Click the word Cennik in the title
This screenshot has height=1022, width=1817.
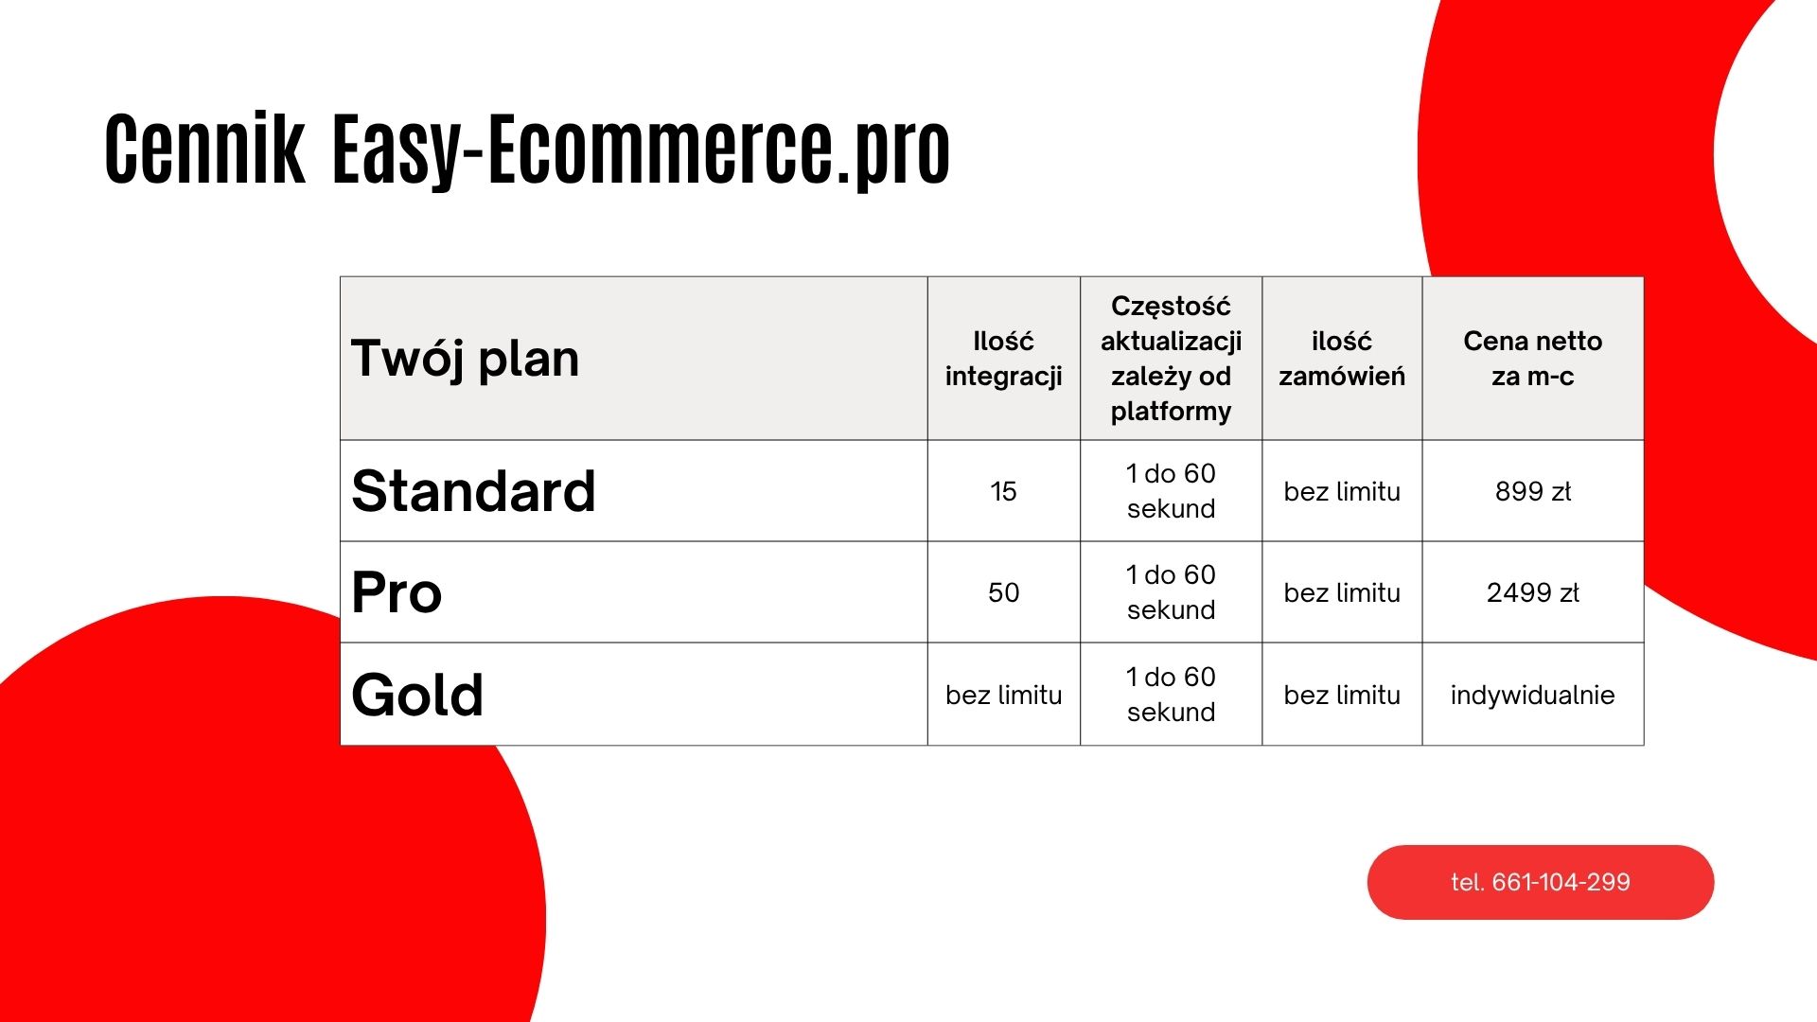[x=204, y=150]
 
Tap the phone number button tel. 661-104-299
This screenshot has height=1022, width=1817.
[x=1540, y=882]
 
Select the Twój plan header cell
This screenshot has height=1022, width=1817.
[x=465, y=359]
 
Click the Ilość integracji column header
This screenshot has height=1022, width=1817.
[x=1003, y=359]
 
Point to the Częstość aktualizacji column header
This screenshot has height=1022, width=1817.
[x=1171, y=359]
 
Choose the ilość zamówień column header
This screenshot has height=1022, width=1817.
[x=1341, y=359]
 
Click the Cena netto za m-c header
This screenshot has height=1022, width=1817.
[x=1532, y=359]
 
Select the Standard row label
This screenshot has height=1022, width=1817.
[x=473, y=491]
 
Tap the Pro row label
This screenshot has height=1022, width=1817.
[x=397, y=593]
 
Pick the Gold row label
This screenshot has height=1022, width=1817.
[x=417, y=695]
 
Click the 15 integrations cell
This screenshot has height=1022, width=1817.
[x=1003, y=491]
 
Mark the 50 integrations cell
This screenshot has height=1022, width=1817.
[x=1003, y=593]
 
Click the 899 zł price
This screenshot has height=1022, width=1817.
[x=1532, y=491]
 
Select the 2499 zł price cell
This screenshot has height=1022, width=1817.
[x=1532, y=593]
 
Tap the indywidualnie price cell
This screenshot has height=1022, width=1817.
[x=1532, y=695]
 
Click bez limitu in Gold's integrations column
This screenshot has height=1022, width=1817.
[x=1003, y=695]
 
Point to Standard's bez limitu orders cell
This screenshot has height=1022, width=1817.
[x=1341, y=491]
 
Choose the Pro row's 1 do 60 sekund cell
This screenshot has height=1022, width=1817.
[x=1171, y=592]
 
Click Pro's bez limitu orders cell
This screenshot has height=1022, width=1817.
[x=1341, y=593]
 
